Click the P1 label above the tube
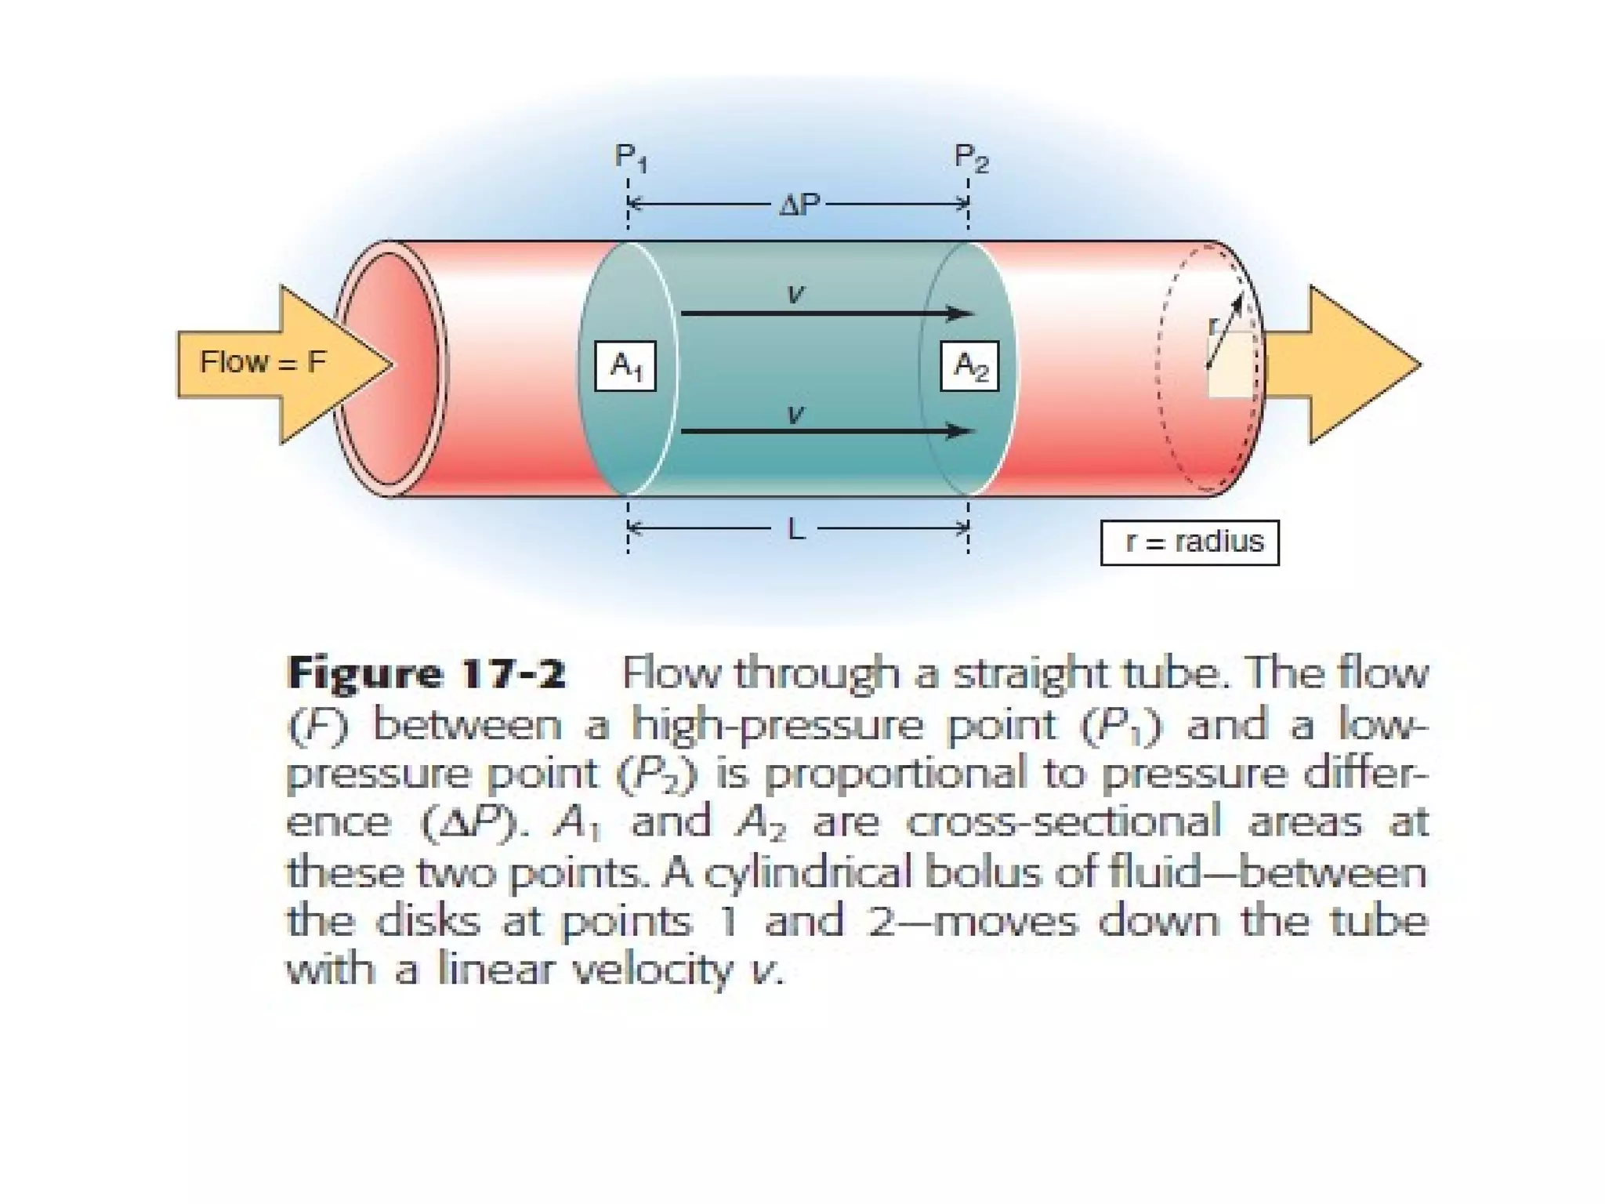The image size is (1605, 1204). pos(631,158)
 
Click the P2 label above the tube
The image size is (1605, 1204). pos(971,158)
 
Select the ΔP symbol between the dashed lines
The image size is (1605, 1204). pos(799,205)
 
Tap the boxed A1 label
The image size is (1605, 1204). pos(625,366)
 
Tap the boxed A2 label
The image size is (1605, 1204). pos(969,366)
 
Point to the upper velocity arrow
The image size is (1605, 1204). pos(827,314)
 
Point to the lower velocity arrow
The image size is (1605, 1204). pos(827,431)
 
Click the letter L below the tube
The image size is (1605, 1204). pos(795,531)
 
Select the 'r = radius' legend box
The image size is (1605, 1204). pos(1190,542)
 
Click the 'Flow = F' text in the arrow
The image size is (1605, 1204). pos(263,363)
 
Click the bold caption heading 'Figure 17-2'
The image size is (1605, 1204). pos(426,674)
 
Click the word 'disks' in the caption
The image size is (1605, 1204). pos(428,922)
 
